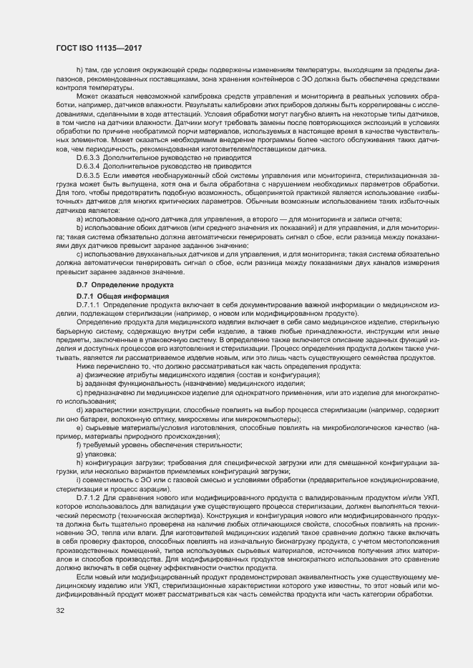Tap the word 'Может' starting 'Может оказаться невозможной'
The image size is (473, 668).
tap(88, 96)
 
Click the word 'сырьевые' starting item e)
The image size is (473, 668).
tap(101, 427)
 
